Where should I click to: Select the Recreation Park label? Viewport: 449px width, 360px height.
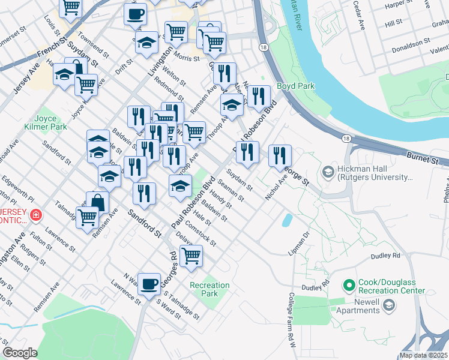tap(209, 289)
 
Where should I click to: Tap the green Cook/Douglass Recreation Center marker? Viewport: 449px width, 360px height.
tap(348, 283)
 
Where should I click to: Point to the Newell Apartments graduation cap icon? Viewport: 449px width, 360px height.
tap(389, 307)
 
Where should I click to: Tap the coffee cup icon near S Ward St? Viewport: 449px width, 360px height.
tap(149, 283)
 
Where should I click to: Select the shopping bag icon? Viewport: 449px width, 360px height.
tap(97, 202)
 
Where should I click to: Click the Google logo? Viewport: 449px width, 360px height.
tap(20, 353)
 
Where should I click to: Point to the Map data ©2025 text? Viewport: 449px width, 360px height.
tap(423, 355)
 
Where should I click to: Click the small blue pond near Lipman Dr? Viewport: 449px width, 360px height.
tap(288, 220)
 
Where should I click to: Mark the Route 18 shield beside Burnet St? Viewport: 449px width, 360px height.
tap(346, 139)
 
